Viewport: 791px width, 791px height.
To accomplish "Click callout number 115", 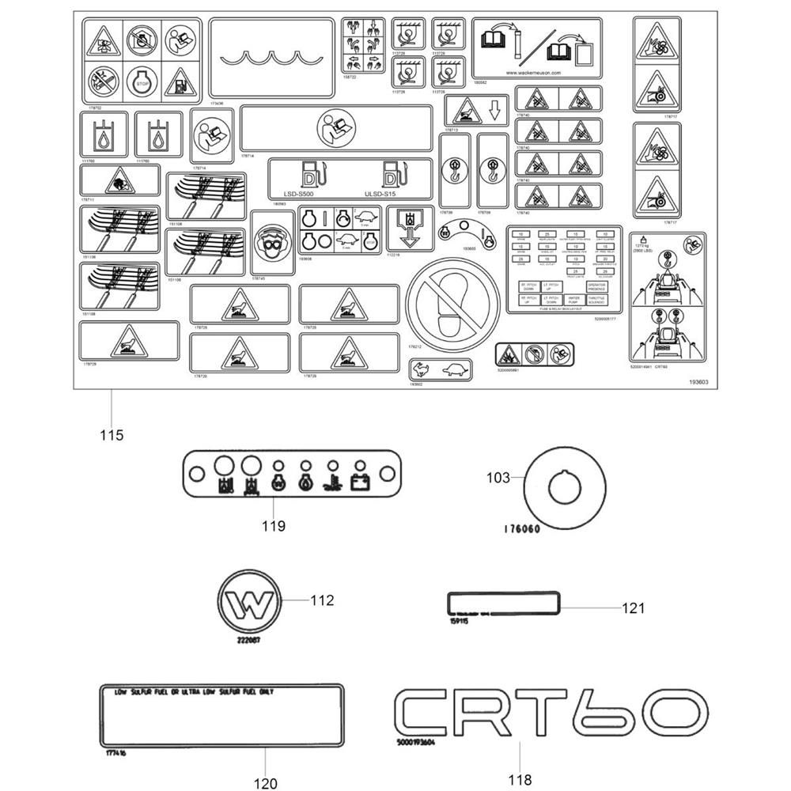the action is pos(112,435).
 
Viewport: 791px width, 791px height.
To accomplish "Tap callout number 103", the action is pos(498,477).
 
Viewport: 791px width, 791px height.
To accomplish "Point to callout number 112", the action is pos(322,600).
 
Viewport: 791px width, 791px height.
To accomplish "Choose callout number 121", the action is pos(634,608).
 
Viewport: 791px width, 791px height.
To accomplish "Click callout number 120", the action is pos(266,783).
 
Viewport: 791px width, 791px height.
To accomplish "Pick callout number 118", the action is pos(520,778).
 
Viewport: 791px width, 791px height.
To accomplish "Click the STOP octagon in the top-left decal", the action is pos(142,82).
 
